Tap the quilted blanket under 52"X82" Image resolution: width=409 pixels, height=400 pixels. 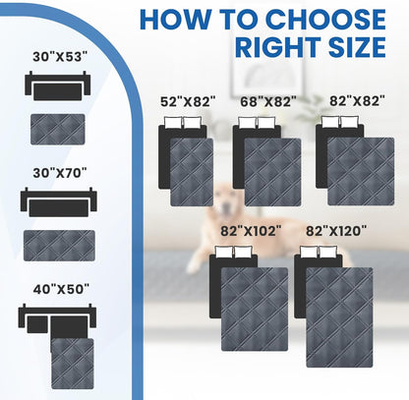(x=191, y=171)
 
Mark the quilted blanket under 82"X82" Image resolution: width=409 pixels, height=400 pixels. (x=360, y=171)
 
